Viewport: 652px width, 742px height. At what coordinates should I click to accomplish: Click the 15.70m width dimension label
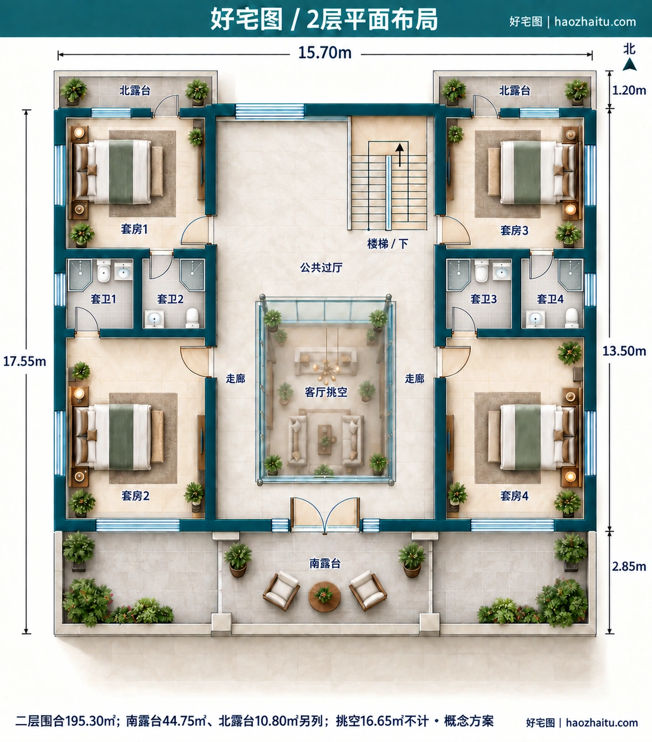pos(325,53)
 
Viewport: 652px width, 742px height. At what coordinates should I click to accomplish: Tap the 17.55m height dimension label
pos(24,361)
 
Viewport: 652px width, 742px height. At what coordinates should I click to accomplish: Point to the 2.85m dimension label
pos(629,567)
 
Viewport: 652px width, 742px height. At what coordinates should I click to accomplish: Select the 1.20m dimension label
pos(629,90)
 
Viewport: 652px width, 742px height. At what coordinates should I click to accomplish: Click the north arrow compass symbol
pos(630,64)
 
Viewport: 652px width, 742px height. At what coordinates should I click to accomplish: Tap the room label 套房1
pos(134,229)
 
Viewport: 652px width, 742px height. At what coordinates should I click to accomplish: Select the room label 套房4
pos(515,496)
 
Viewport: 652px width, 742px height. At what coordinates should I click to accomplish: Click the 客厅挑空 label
pos(326,392)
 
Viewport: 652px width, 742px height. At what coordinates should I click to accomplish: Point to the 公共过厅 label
pos(321,267)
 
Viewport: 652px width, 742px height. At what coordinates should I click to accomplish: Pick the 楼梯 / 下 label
pos(388,244)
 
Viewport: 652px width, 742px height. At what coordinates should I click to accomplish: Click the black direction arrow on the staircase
pos(400,154)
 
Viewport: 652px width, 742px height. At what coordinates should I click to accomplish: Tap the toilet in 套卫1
pos(104,271)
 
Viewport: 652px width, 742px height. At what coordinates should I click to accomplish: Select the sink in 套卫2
pos(154,319)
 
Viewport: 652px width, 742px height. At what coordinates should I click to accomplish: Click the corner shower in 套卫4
pos(570,275)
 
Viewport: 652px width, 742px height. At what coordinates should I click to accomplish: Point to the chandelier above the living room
pos(327,366)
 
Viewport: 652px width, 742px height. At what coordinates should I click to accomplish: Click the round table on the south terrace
pos(324,597)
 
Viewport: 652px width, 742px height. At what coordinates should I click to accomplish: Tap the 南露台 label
pos(325,563)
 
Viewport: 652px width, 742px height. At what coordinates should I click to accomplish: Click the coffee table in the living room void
pos(324,440)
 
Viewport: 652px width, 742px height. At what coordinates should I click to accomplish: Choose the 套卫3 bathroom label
pos(483,299)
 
